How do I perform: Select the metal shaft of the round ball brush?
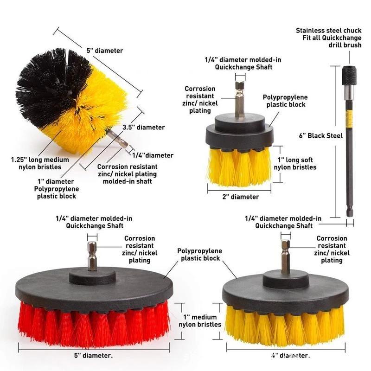118,139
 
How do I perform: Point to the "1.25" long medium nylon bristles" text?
39,163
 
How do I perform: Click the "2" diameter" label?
239,197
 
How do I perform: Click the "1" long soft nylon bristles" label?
297,164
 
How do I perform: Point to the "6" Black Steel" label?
320,135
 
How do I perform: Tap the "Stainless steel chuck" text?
329,31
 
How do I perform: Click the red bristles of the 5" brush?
93,325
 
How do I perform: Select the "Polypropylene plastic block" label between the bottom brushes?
200,254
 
